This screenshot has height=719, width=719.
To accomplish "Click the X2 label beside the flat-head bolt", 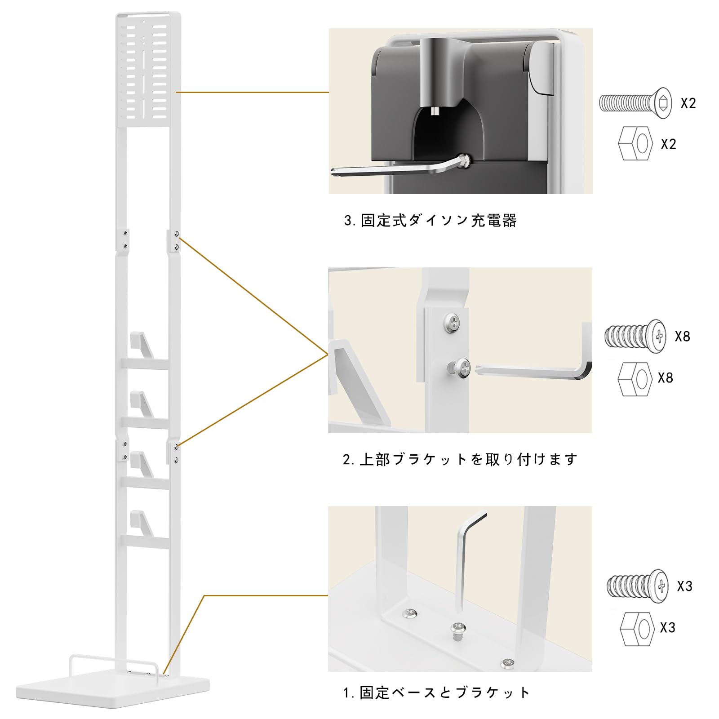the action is pos(688,103).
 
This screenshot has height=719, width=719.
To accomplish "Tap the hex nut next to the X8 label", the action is pos(635,379).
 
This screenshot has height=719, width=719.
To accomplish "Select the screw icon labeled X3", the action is pos(637,586).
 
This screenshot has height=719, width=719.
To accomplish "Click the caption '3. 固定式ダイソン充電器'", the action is pos(430,221).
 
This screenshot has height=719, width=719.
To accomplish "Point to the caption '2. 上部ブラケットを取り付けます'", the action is pos(459,459).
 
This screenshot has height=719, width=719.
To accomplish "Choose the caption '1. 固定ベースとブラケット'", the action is pos(436,692).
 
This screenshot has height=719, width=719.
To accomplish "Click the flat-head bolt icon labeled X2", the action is pos(635,103).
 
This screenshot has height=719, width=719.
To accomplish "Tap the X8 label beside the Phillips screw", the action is pos(682,336).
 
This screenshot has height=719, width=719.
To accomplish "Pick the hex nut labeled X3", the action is pos(637,628).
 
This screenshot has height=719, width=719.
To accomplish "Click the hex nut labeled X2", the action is pos(635,144).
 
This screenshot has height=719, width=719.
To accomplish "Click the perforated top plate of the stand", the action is pos(148,70).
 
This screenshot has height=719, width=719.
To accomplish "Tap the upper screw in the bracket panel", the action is pos(453,322).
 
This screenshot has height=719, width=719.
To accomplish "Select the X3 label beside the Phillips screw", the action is pos(684,586).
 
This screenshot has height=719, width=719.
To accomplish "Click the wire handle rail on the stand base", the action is pos(112,657).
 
